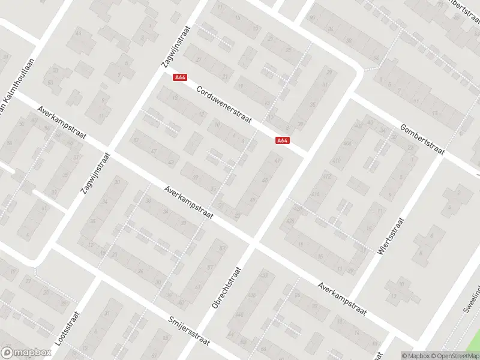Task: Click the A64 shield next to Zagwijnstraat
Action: point(179,77)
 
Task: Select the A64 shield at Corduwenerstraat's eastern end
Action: point(283,140)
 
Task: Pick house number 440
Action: point(240,314)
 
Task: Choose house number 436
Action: point(251,295)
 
